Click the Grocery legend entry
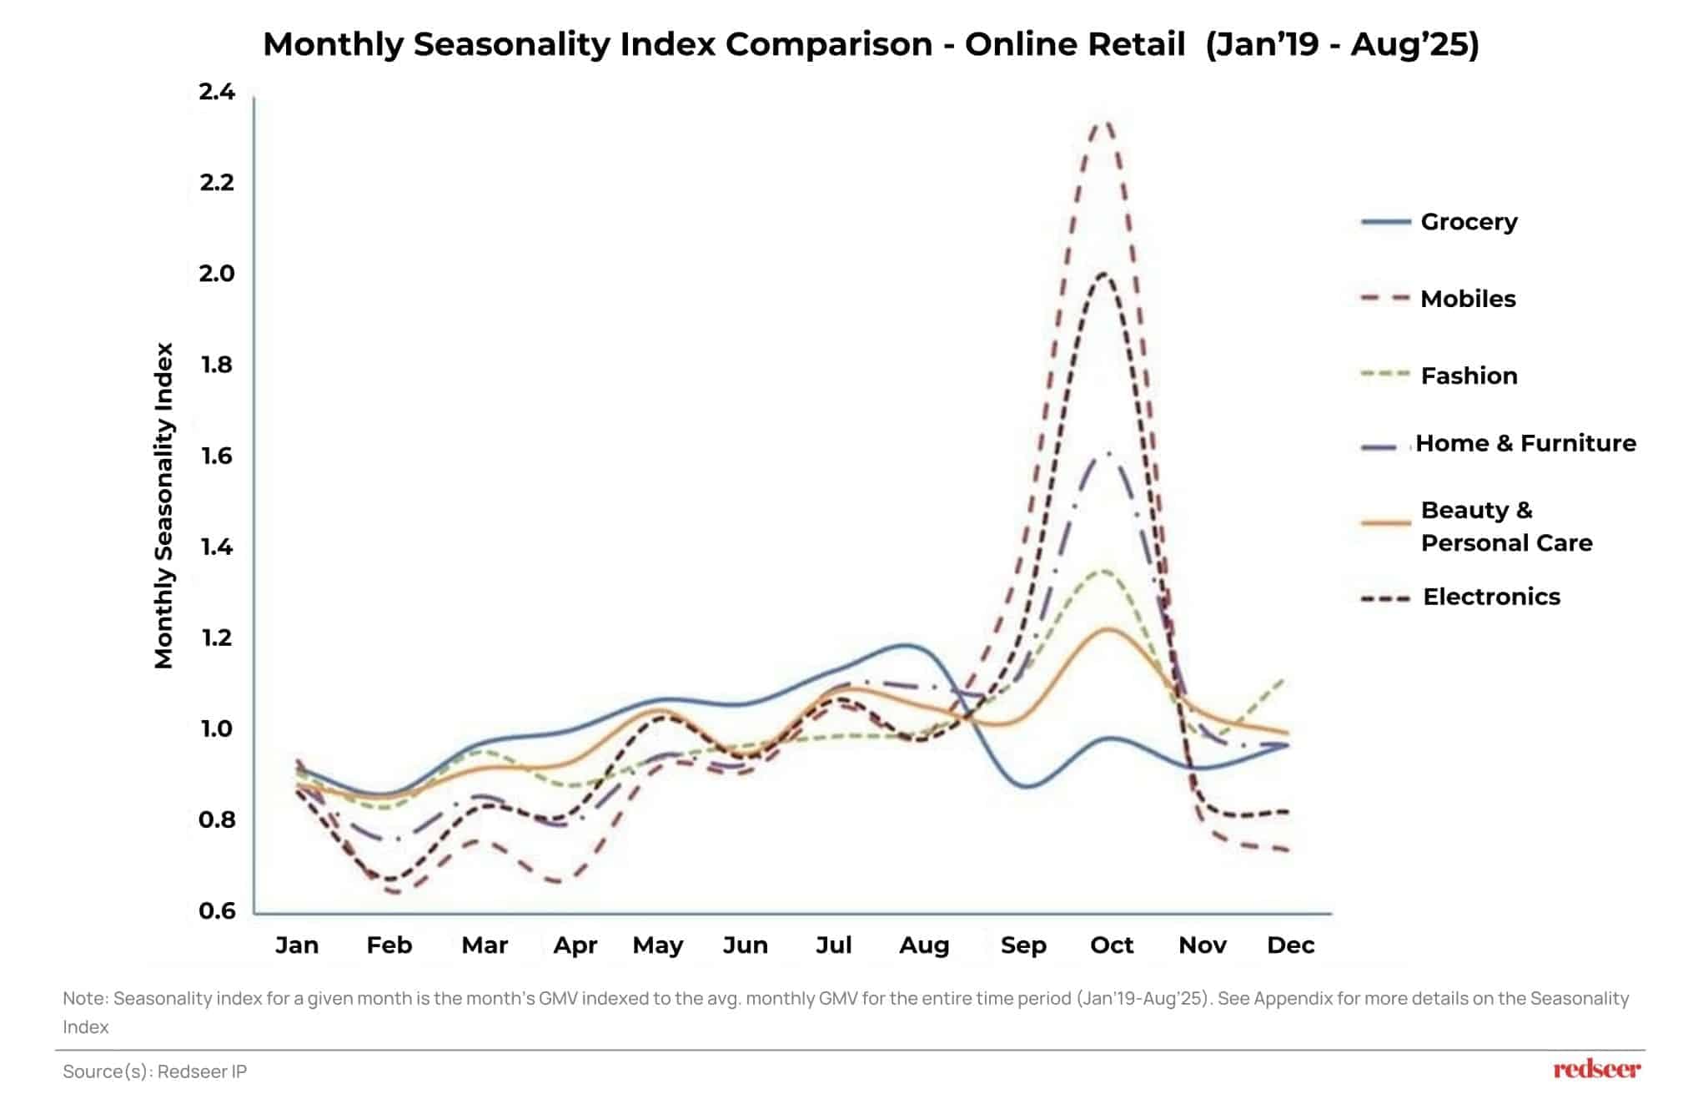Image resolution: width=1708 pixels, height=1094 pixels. [x=1468, y=222]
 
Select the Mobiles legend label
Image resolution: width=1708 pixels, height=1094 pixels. [x=1467, y=299]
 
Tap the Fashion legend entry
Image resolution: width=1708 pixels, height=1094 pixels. [x=1468, y=376]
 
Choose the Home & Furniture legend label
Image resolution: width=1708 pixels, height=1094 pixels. [x=1525, y=443]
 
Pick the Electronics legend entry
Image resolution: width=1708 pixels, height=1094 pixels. [x=1490, y=597]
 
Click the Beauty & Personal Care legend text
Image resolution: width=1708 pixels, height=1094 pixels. [x=1505, y=527]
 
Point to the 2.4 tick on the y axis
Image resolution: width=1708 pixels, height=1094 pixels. [x=217, y=91]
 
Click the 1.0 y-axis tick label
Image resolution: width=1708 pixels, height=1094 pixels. [x=217, y=728]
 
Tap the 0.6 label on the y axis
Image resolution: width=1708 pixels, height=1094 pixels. [x=217, y=910]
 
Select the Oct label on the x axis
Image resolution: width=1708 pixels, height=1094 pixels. [x=1112, y=945]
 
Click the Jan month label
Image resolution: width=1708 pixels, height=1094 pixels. [x=297, y=945]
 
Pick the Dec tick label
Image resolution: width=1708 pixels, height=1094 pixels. [x=1290, y=945]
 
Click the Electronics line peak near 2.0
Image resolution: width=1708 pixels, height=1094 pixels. [x=1103, y=274]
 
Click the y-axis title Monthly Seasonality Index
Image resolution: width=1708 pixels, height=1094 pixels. [x=163, y=506]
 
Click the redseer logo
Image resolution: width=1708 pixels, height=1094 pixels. [x=1596, y=1069]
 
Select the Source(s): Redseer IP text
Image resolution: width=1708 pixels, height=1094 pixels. [x=155, y=1071]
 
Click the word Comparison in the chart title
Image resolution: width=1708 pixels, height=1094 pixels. [x=828, y=44]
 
